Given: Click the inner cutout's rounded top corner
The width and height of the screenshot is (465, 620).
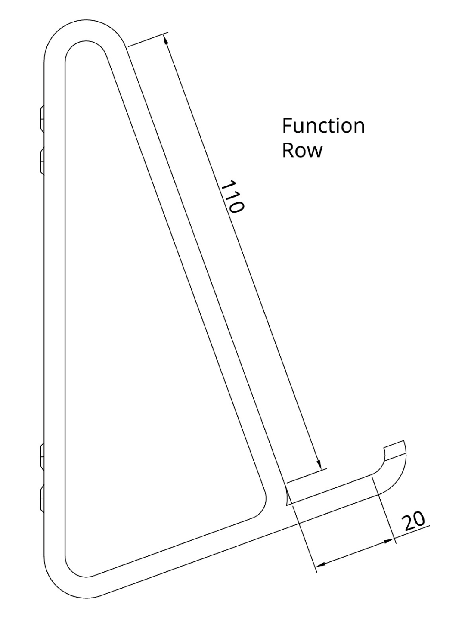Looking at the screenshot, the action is (85, 41).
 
